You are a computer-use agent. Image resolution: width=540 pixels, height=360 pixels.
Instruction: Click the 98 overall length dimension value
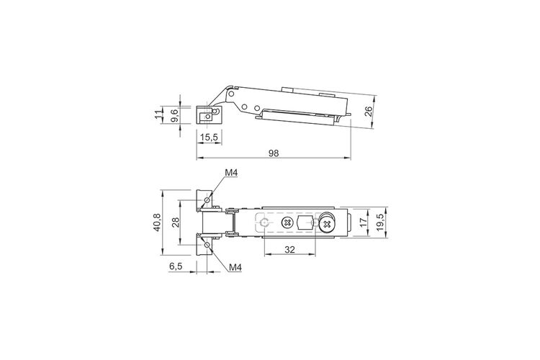coord(274,153)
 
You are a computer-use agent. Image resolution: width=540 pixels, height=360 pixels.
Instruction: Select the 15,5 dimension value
coord(210,137)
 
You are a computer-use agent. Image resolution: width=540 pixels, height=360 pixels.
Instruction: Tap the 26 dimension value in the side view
coord(369,112)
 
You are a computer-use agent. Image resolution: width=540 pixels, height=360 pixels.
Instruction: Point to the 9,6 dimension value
coord(174,115)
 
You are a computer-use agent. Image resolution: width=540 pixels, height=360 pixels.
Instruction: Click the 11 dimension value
coord(158,115)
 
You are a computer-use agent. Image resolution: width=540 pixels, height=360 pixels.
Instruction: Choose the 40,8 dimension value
coord(157,222)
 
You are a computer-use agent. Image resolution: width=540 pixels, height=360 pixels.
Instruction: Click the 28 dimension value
coord(176,222)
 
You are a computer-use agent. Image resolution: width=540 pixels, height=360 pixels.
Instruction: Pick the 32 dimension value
coord(290,249)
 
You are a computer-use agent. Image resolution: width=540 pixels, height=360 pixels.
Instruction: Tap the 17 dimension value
coord(364,222)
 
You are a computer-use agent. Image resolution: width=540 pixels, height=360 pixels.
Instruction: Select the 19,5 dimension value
coord(380,222)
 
